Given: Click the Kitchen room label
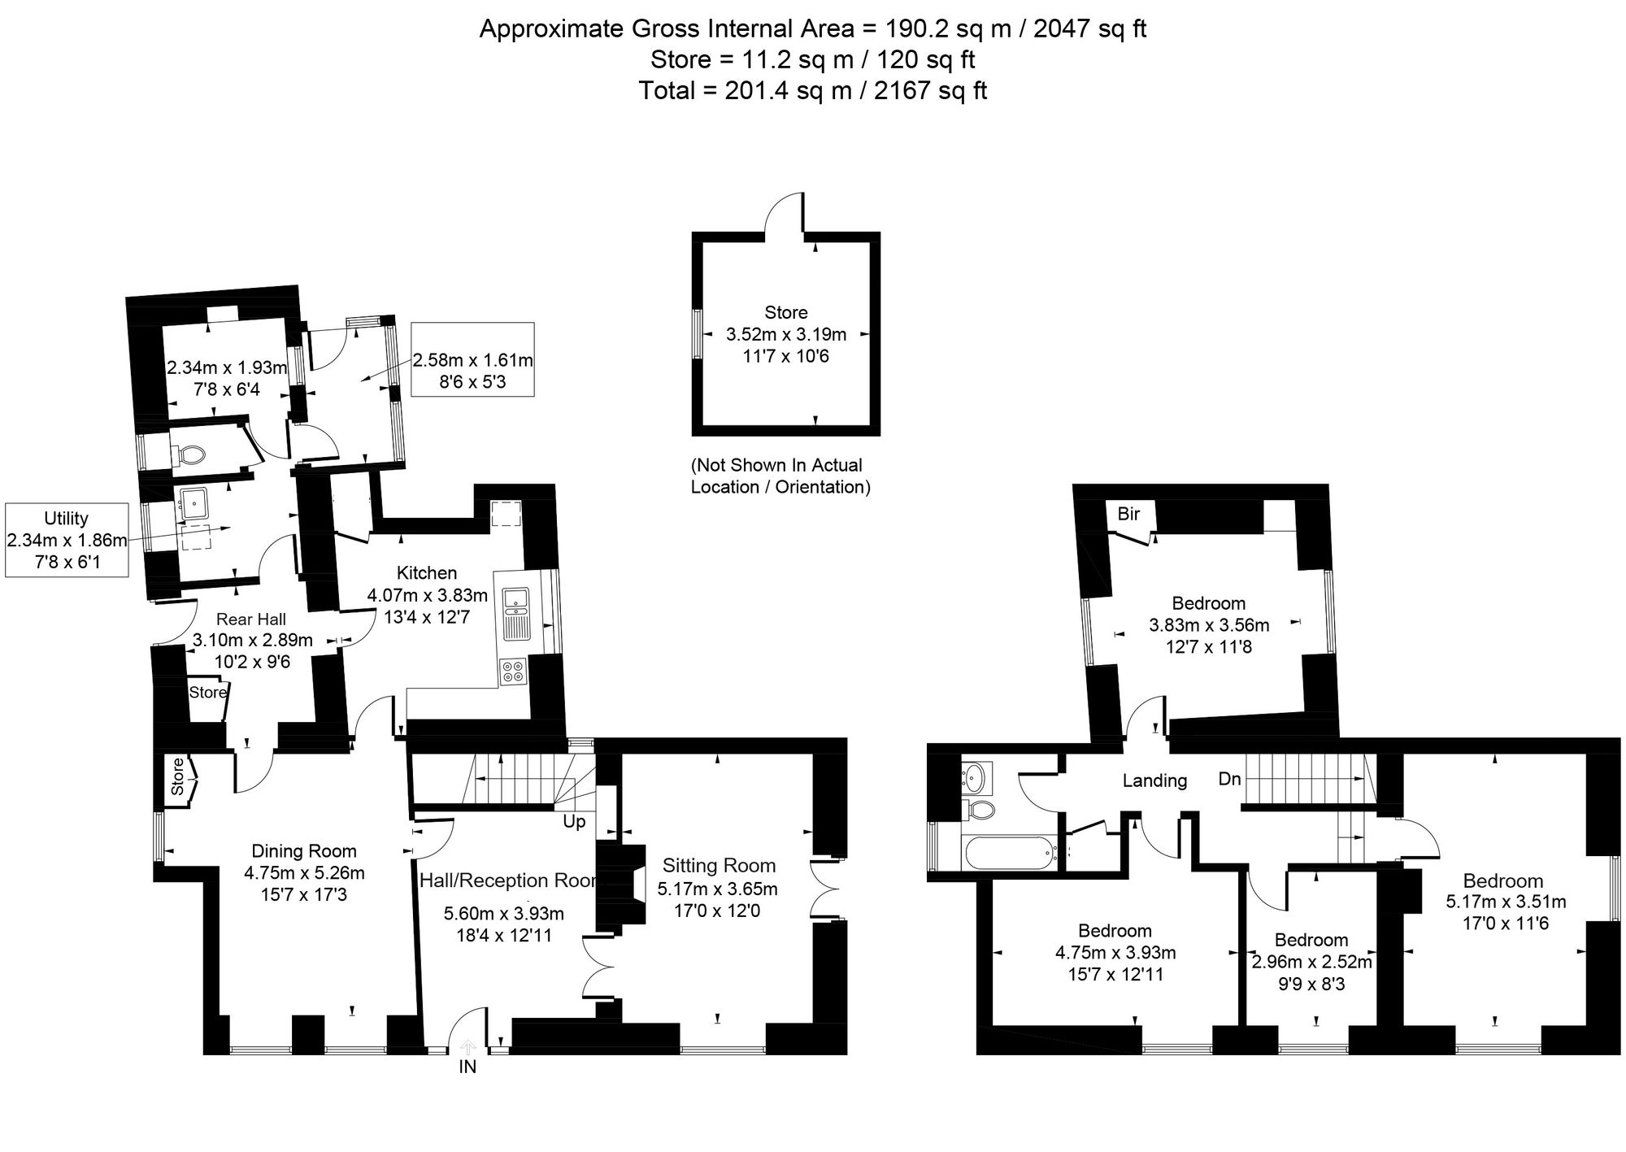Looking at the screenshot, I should point(426,573).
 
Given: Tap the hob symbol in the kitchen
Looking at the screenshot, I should point(513,672).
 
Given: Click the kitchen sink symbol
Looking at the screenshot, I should point(515,601).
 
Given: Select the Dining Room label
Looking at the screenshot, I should point(304,851).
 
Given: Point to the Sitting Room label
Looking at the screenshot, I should point(719,866).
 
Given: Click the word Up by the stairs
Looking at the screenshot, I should point(574,822).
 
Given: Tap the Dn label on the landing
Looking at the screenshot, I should point(1229,779).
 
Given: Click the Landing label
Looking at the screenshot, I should point(1154,780).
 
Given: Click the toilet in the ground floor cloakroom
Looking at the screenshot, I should point(189,454).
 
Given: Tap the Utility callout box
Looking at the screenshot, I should point(67,540).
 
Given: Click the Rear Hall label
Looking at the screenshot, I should point(251,619).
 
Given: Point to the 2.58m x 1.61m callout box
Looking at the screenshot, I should point(472,359).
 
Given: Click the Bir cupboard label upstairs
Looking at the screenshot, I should point(1128,514).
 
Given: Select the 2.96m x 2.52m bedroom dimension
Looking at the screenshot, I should point(1311,963).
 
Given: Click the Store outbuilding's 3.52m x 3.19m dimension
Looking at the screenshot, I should point(785,334).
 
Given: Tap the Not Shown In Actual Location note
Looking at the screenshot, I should point(780,476).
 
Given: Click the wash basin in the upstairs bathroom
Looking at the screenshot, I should point(975,777).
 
